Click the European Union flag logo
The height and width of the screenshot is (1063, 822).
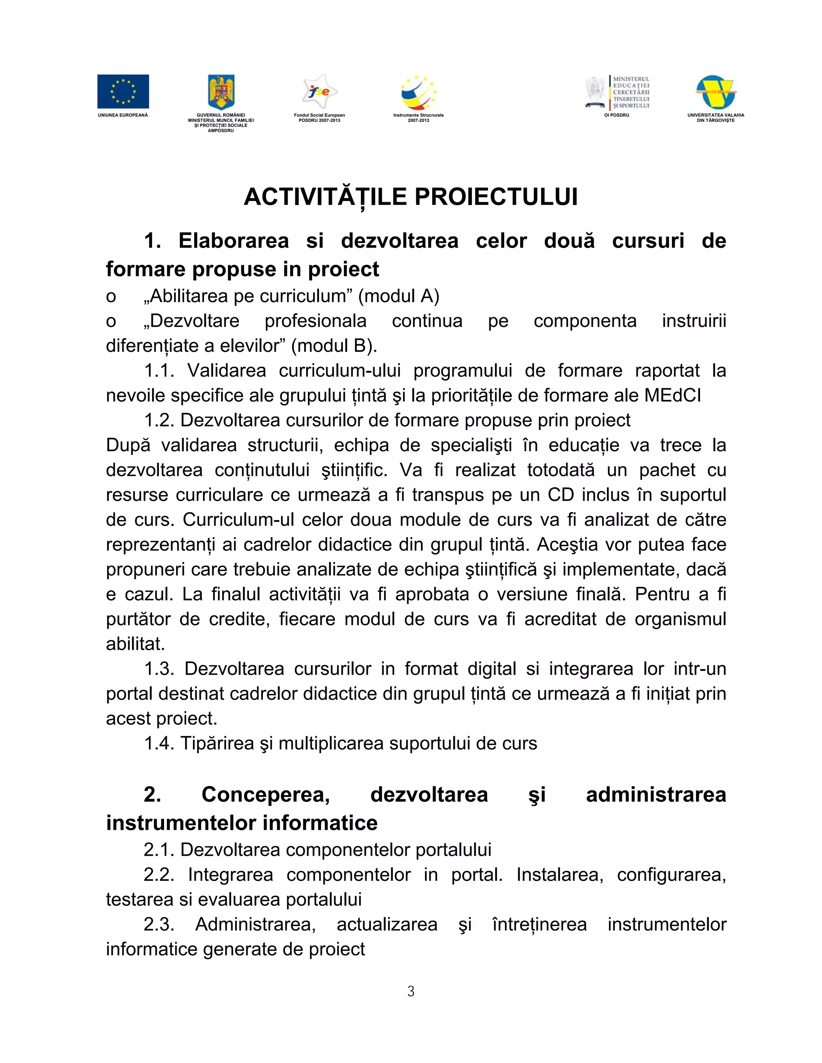(123, 91)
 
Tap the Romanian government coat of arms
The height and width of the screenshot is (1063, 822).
(221, 91)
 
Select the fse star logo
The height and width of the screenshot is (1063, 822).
(319, 91)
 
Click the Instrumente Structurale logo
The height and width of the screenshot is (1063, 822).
(418, 91)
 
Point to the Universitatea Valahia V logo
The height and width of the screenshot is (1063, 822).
(715, 92)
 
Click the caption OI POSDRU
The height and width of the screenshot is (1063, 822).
(616, 116)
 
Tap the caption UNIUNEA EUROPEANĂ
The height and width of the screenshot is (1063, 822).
(123, 116)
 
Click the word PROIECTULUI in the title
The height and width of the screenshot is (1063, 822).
(496, 197)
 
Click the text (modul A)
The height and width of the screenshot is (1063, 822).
(399, 296)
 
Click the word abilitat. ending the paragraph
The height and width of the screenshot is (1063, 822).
(135, 644)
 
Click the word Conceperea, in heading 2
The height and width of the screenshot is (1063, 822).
(266, 795)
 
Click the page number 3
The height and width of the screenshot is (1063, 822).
(411, 992)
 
